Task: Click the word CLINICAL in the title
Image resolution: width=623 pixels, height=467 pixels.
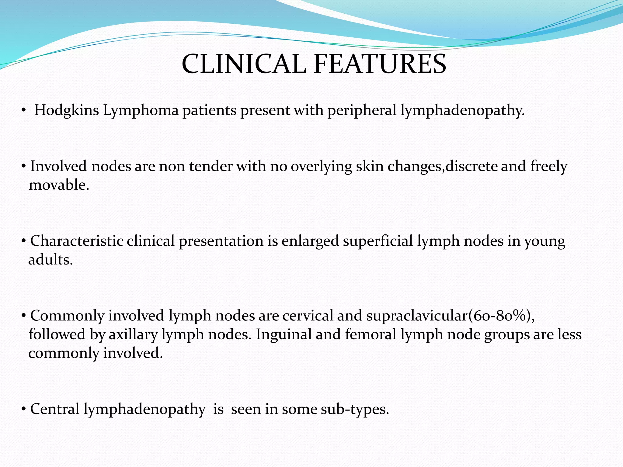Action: (244, 64)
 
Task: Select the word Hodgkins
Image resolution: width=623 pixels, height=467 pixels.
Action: (66, 110)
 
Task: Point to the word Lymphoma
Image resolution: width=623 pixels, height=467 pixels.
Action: (141, 110)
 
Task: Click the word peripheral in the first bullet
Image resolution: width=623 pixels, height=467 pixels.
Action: (362, 110)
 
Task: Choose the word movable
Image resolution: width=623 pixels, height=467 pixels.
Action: (59, 185)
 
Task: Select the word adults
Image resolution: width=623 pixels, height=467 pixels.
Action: (50, 260)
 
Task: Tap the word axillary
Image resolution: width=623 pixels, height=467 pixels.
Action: (133, 334)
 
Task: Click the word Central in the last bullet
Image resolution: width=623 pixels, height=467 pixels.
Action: (55, 409)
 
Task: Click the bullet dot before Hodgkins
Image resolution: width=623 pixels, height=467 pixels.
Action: (24, 111)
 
